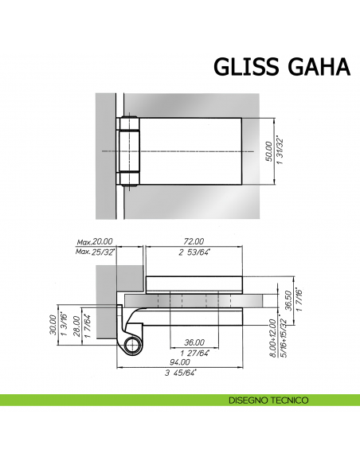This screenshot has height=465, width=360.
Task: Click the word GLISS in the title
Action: click(x=244, y=67)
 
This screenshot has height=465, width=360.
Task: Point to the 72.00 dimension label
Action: click(x=194, y=241)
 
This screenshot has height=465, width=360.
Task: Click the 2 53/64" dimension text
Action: click(x=194, y=252)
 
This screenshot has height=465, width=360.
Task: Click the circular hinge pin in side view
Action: click(x=132, y=344)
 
